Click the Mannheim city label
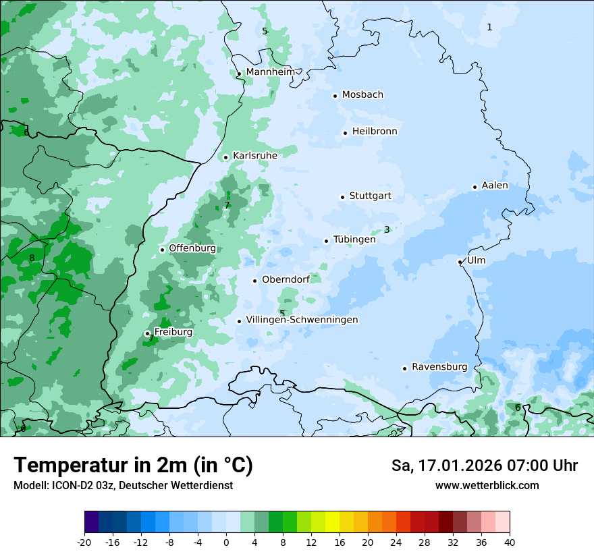(270, 72)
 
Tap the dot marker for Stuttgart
(343, 197)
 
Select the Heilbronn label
(375, 131)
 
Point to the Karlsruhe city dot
(226, 157)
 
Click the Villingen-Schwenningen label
(302, 320)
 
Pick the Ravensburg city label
(439, 366)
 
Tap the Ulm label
(476, 260)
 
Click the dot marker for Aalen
(475, 187)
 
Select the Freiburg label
(173, 332)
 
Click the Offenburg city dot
(162, 250)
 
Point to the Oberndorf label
(286, 279)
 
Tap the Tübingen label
(354, 240)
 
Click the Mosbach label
(362, 94)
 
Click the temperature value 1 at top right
(489, 27)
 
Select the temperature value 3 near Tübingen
(387, 229)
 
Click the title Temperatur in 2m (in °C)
(133, 465)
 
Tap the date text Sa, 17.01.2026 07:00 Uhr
(484, 466)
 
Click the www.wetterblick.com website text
(487, 485)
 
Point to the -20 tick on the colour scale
(84, 542)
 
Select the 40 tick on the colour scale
(509, 542)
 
